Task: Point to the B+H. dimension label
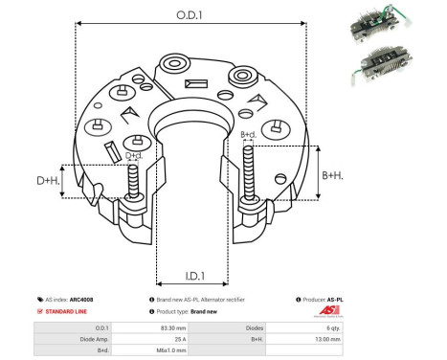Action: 333,175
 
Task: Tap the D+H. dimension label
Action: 49,180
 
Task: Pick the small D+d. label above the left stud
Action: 134,154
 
